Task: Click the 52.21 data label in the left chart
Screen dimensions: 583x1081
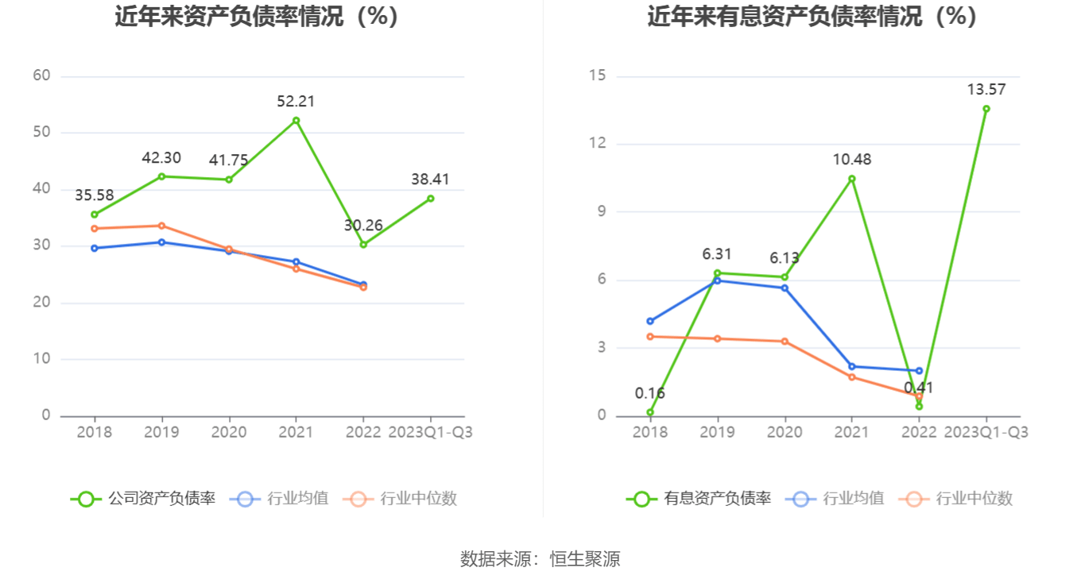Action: pos(296,102)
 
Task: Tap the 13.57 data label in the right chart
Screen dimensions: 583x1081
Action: pos(986,90)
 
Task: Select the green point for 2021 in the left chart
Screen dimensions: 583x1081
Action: pos(296,121)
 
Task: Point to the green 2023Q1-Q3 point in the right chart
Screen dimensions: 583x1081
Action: pos(986,109)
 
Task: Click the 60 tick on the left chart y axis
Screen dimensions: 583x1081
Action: pos(41,76)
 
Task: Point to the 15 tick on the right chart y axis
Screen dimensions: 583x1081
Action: pos(597,76)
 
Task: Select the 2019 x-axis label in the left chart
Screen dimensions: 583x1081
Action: pos(161,433)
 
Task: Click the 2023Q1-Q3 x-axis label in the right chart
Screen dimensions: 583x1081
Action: pos(986,433)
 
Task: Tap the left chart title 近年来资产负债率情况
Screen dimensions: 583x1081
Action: pos(256,17)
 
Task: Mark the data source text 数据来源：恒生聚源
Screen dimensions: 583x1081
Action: pos(540,559)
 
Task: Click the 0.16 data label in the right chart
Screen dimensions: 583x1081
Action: pos(649,393)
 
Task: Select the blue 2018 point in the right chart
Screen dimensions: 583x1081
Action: pos(650,321)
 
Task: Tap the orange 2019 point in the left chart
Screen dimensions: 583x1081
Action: pos(161,226)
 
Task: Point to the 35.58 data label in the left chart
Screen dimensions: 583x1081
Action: pos(94,195)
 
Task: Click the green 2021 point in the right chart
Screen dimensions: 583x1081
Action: pos(851,179)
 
